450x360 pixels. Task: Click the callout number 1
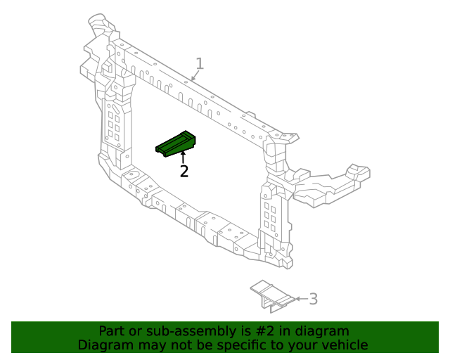tap(200, 64)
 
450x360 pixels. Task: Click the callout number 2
tap(184, 171)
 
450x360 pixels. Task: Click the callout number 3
tap(314, 299)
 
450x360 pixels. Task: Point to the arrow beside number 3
tap(300, 299)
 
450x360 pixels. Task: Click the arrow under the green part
tap(184, 157)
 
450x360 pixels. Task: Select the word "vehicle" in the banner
tap(343, 345)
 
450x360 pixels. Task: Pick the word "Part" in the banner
tap(111, 330)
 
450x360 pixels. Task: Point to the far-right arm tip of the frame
tap(359, 172)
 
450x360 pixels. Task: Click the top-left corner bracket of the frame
tap(101, 27)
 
